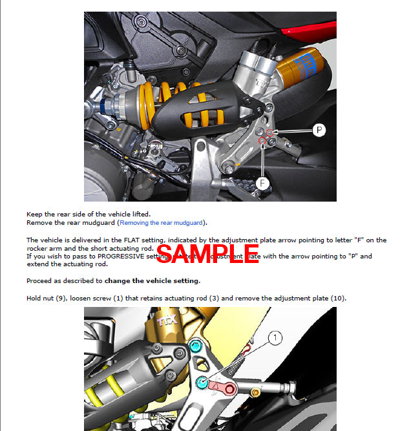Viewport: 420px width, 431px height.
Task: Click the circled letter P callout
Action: tap(318, 131)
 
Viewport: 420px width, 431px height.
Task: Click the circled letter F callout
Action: tap(262, 184)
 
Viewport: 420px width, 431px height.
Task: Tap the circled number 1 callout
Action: tap(275, 337)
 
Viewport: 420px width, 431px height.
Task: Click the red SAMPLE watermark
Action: tap(207, 253)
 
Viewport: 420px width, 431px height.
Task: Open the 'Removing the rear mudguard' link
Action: tap(162, 223)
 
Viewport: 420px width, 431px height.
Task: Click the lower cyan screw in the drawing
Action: tap(202, 383)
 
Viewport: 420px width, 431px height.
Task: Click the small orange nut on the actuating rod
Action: tap(257, 393)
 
